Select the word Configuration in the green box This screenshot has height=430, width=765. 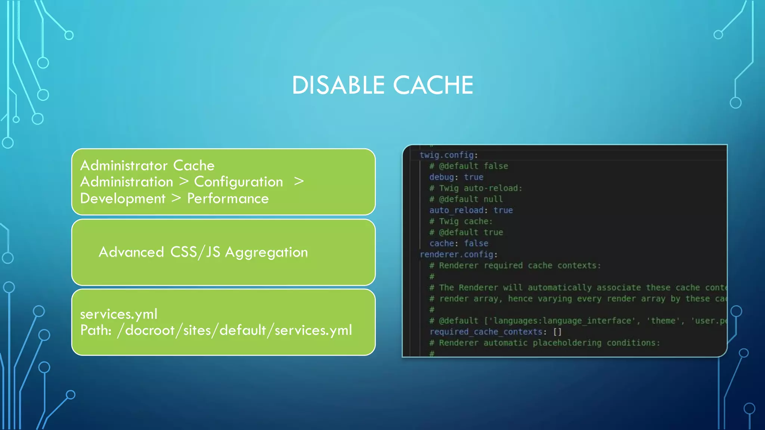coord(238,182)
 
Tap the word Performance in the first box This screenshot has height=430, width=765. coord(228,199)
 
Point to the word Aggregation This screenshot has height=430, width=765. coord(266,253)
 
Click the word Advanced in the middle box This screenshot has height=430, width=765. coord(131,252)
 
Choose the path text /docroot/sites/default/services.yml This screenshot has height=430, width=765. coord(235,330)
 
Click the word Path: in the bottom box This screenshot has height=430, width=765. coord(96,330)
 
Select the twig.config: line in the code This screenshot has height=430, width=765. coord(449,155)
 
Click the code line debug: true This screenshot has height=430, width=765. coord(456,177)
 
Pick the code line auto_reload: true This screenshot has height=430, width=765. coord(471,210)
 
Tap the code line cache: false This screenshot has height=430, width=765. coord(459,243)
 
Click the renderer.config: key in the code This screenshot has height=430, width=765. coord(458,255)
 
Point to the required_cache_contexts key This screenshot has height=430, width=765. coord(486,332)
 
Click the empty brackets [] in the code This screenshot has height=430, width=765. coord(557,332)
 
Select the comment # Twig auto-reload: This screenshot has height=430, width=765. coord(476,188)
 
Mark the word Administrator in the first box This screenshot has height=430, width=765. coord(124,165)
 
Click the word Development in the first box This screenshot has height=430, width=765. coord(123,199)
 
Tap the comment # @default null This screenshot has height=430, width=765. coord(466,199)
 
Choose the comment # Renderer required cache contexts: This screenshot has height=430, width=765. coord(515,265)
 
